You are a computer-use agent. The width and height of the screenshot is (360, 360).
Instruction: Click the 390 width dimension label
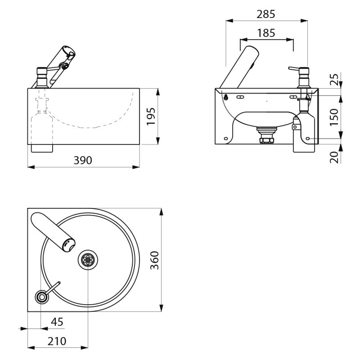point(83,160)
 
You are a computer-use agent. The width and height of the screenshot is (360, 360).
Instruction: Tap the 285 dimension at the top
point(265,14)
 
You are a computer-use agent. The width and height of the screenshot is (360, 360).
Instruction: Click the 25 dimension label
point(334,80)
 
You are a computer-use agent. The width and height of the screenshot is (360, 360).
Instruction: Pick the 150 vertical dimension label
point(334,117)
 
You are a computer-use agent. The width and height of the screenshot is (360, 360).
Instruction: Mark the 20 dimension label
point(334,157)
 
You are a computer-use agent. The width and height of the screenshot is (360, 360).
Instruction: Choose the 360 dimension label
point(154,260)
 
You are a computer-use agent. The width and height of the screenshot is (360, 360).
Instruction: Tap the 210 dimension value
point(57,341)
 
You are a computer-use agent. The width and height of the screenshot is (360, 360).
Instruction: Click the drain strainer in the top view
point(88,260)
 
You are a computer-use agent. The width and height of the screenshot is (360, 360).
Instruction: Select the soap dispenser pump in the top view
point(42,296)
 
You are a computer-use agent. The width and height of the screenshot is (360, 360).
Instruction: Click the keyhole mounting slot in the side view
point(226,97)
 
